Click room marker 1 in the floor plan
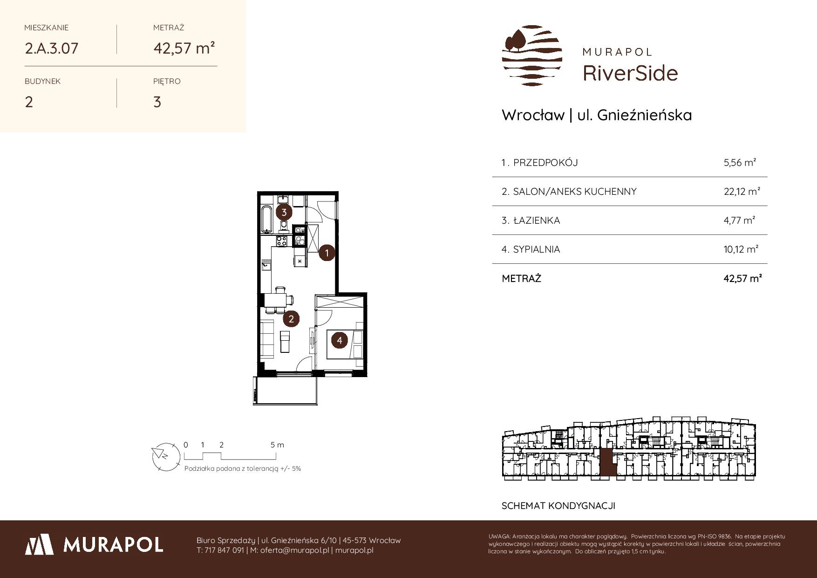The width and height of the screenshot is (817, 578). (x=327, y=253)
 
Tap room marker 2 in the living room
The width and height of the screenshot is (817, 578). (x=291, y=319)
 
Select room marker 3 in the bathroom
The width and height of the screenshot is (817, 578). (x=284, y=213)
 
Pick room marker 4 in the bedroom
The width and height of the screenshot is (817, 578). (x=339, y=340)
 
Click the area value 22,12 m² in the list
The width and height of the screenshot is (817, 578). (x=742, y=191)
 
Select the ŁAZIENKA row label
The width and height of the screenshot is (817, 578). (x=536, y=220)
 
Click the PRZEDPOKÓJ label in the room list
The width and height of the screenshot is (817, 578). (x=545, y=163)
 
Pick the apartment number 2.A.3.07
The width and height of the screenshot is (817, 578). (x=51, y=48)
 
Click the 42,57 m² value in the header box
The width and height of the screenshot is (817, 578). (x=184, y=48)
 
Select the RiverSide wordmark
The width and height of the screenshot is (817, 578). (x=630, y=73)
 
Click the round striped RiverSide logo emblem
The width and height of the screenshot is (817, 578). (x=532, y=55)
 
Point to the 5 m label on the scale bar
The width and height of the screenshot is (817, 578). (x=277, y=445)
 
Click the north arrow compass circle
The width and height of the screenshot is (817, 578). (x=165, y=455)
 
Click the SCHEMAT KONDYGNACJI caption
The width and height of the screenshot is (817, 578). (x=558, y=506)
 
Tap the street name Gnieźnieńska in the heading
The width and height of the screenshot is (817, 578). (x=645, y=115)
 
